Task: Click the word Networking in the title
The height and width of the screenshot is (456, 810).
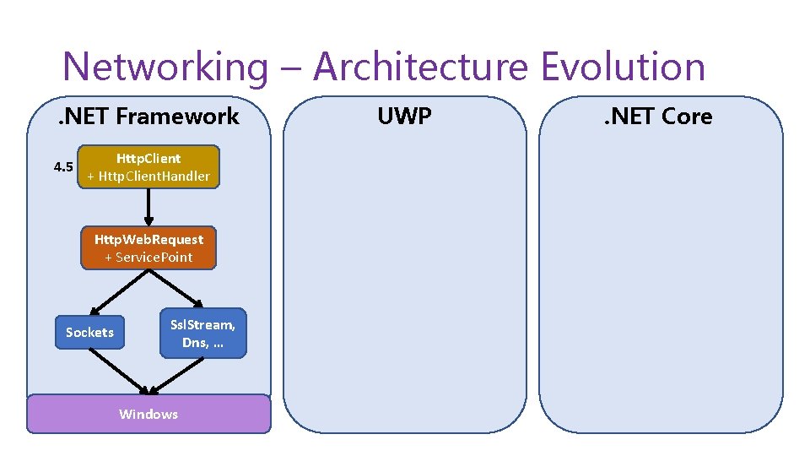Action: click(x=164, y=67)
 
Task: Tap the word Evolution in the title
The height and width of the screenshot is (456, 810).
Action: click(x=624, y=67)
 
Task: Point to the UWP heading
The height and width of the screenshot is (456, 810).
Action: click(x=404, y=116)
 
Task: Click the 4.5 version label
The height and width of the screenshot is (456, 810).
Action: click(x=63, y=166)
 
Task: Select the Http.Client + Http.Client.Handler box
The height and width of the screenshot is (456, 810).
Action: click(x=148, y=166)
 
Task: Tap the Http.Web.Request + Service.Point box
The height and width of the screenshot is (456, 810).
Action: click(x=148, y=248)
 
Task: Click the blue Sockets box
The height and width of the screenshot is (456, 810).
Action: click(x=89, y=332)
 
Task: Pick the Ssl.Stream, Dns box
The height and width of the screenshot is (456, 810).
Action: click(x=202, y=333)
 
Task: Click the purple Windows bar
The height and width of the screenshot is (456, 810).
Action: click(x=148, y=414)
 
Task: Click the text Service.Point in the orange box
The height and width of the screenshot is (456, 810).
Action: click(x=154, y=257)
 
